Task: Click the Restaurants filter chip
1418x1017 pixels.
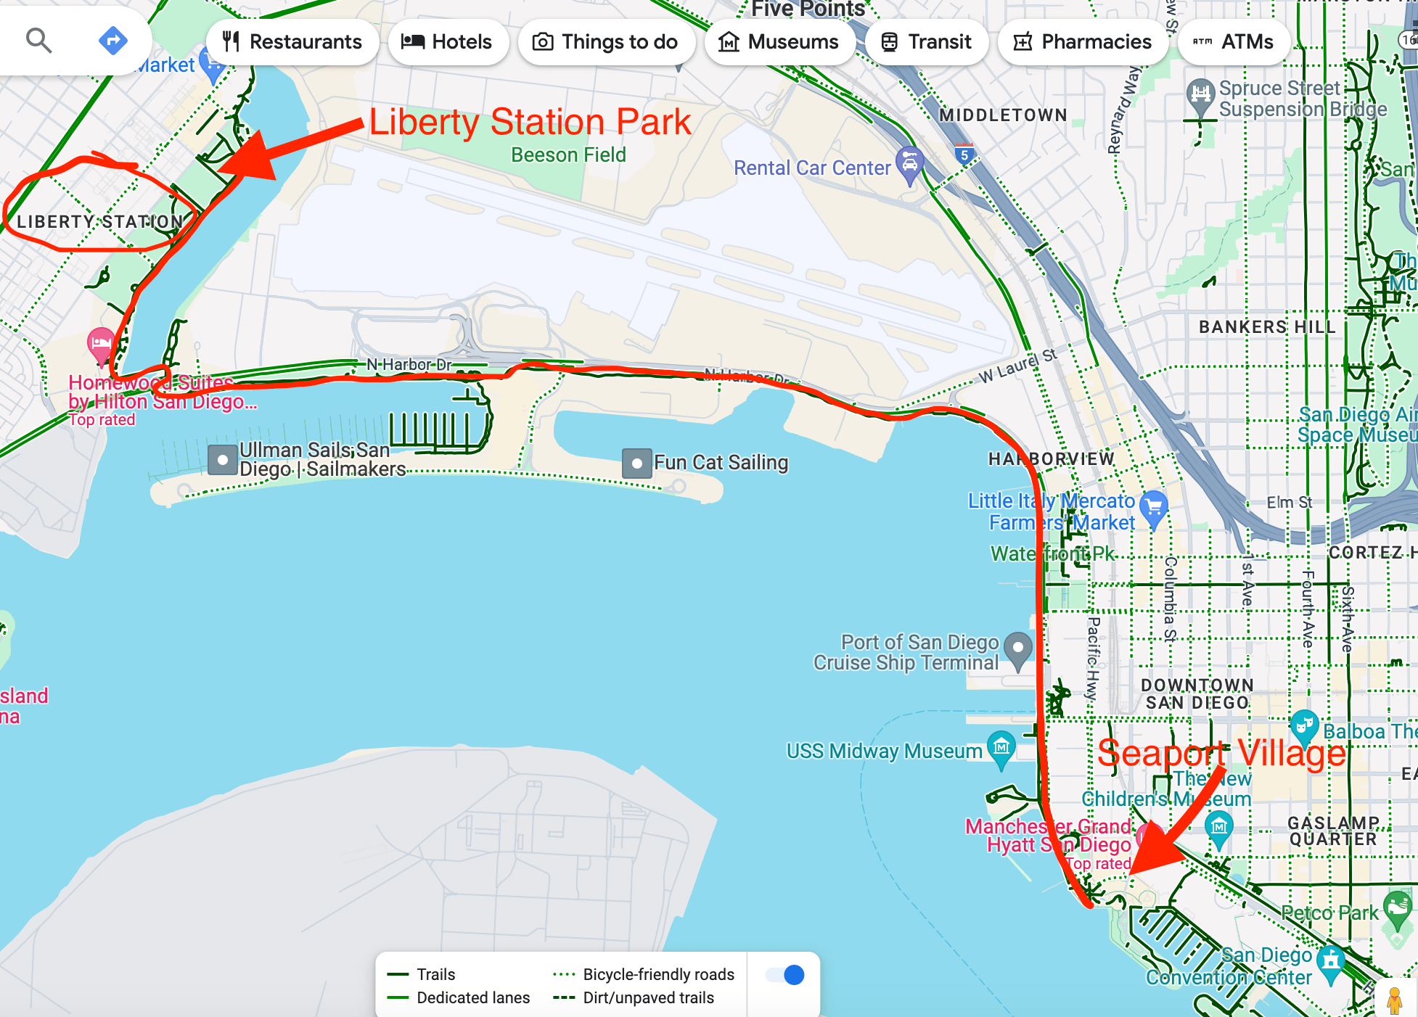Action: pyautogui.click(x=292, y=42)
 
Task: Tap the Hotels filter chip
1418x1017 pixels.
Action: pyautogui.click(x=447, y=42)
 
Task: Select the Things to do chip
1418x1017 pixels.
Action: pyautogui.click(x=606, y=42)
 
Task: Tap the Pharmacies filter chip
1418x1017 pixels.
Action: pyautogui.click(x=1083, y=42)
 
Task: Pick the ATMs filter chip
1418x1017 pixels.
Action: pyautogui.click(x=1234, y=42)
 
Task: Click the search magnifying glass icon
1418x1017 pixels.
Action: pyautogui.click(x=38, y=41)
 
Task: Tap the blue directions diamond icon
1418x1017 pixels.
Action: pyautogui.click(x=112, y=41)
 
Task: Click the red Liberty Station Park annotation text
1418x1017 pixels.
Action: pyautogui.click(x=530, y=122)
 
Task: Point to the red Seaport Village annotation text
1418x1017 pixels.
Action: pyautogui.click(x=1221, y=753)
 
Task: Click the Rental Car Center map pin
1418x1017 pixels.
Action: pyautogui.click(x=909, y=163)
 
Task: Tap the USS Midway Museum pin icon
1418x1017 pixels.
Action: pyautogui.click(x=1001, y=747)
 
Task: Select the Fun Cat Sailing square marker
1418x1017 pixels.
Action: pyautogui.click(x=636, y=463)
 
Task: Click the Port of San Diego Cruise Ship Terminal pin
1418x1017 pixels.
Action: pyautogui.click(x=1018, y=648)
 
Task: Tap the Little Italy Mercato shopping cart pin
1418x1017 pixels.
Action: pyautogui.click(x=1153, y=506)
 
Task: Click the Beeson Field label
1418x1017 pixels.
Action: pyautogui.click(x=568, y=155)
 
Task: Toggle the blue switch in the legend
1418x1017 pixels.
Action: pyautogui.click(x=786, y=975)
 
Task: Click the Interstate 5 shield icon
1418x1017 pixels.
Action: pyautogui.click(x=964, y=155)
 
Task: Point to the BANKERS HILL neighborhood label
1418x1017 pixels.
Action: pyautogui.click(x=1267, y=327)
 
